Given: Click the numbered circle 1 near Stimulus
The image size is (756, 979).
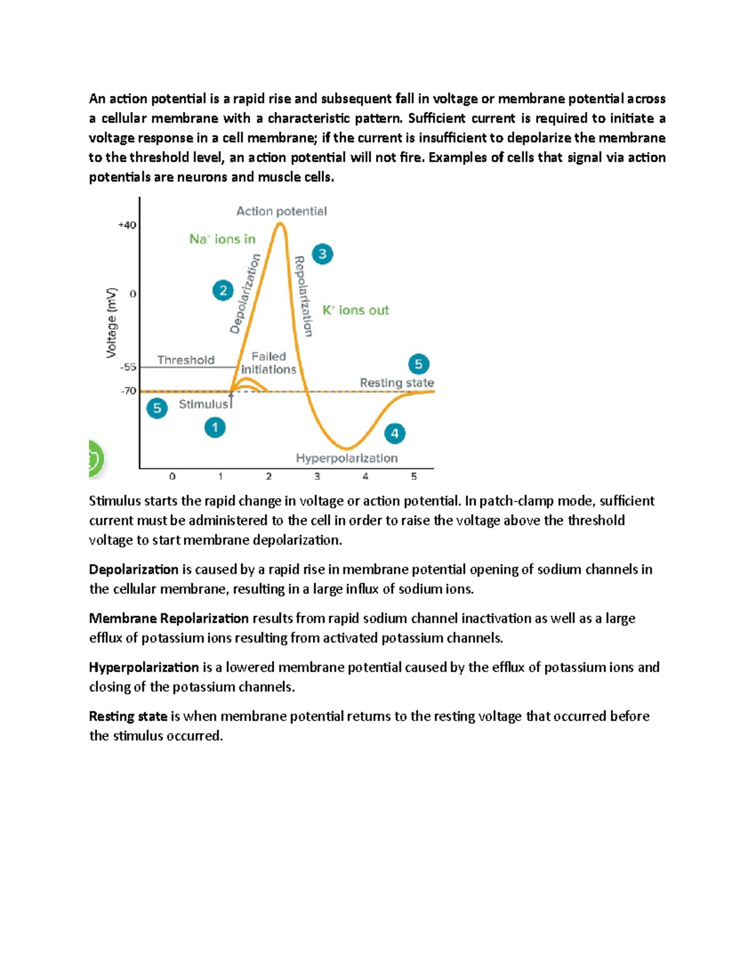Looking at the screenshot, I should tap(215, 427).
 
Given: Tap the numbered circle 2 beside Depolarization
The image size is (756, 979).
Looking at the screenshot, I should tap(223, 291).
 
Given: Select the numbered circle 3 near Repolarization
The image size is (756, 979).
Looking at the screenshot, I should tap(323, 254).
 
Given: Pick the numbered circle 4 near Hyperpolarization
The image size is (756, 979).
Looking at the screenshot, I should tap(395, 433).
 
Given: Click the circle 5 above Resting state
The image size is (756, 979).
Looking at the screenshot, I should tap(419, 364).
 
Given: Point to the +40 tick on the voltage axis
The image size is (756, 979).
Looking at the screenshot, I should tap(127, 225).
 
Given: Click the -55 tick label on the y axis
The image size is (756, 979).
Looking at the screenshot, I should tap(129, 367).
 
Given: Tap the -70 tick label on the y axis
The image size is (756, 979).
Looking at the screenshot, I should tap(129, 391).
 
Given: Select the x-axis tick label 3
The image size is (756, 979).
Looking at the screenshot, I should tap(317, 477).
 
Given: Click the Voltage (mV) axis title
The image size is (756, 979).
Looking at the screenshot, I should tap(112, 323).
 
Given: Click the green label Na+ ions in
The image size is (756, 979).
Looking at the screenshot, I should tap(222, 239).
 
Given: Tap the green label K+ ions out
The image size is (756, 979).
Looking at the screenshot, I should tap(356, 310).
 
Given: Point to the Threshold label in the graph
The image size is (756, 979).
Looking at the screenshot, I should tap(186, 360).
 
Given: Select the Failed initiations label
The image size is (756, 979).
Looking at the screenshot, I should tap(268, 363).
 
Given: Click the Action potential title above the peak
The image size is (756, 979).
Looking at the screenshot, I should tap(282, 211).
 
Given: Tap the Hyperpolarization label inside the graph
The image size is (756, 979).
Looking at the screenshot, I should tap(346, 458).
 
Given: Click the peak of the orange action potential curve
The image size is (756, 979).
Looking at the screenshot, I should tap(281, 223).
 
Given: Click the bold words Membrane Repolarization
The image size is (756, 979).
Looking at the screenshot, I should tap(169, 618).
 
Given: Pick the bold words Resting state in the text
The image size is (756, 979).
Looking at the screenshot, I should tap(128, 716).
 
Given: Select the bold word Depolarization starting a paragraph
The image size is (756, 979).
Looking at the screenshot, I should tap(134, 569).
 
